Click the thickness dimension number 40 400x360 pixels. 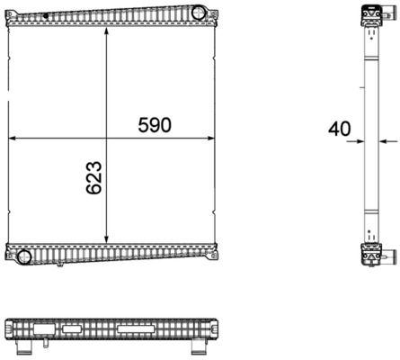(x=339, y=129)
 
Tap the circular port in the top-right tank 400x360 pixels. (x=198, y=13)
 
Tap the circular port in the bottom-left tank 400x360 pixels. (x=25, y=258)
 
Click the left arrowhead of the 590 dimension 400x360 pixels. (x=12, y=139)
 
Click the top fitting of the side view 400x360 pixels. (x=369, y=17)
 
